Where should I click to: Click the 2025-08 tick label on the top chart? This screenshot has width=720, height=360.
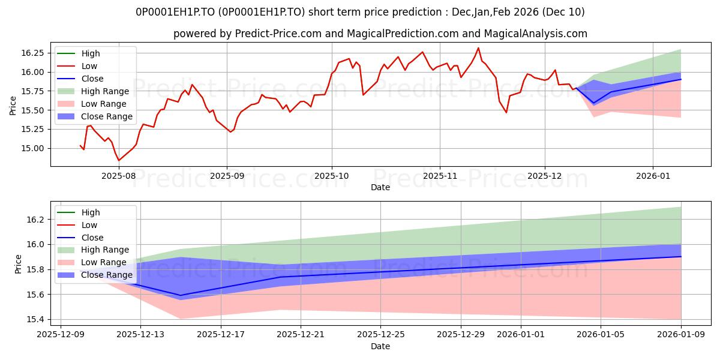[118, 176]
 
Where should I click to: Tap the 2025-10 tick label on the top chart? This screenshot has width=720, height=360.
[332, 176]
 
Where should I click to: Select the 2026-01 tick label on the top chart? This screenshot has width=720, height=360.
[653, 176]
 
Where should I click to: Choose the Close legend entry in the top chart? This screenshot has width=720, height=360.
[92, 79]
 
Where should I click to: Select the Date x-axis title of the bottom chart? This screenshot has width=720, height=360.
[380, 346]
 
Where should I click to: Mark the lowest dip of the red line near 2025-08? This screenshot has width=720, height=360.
[118, 160]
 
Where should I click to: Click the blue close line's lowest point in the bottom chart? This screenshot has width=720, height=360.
[181, 295]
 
